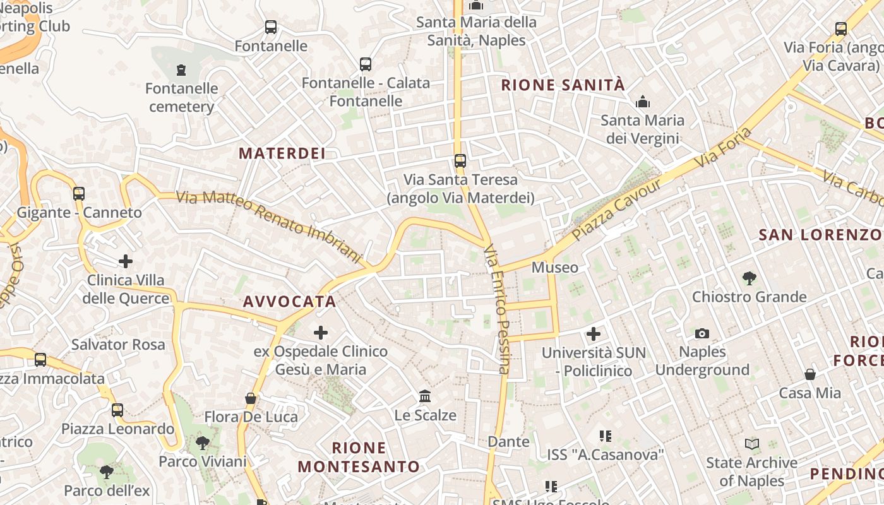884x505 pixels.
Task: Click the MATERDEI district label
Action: [282, 153]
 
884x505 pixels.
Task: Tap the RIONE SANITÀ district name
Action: [563, 85]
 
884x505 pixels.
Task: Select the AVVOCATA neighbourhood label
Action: [290, 302]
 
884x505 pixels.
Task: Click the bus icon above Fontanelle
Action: [271, 27]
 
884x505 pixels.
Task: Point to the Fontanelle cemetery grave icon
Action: [182, 69]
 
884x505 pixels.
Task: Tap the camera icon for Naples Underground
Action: [702, 333]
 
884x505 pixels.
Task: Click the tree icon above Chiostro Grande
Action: [750, 278]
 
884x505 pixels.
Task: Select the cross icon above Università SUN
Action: [594, 334]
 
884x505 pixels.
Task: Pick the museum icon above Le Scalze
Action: [426, 396]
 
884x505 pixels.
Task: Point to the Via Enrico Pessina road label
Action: [496, 309]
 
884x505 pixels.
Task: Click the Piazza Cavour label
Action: [616, 210]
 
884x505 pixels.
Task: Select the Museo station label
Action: [555, 268]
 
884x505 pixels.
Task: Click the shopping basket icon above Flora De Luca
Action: [251, 398]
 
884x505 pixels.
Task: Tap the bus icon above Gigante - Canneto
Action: [79, 194]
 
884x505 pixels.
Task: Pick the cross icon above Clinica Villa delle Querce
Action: [126, 261]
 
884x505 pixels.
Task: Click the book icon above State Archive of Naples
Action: [751, 444]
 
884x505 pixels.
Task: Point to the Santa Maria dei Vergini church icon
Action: [643, 102]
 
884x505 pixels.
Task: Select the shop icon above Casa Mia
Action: [810, 374]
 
